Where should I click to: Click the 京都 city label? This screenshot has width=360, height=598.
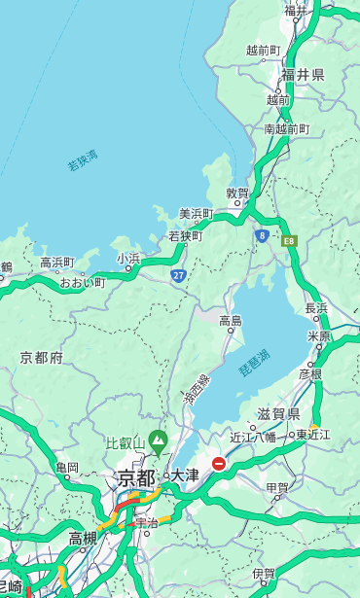point(135,477)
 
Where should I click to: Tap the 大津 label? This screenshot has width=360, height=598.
point(184,475)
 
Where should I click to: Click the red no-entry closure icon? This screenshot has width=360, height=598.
point(219,464)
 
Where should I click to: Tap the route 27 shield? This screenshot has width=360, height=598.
point(179,276)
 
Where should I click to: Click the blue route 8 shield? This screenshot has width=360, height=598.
point(262,235)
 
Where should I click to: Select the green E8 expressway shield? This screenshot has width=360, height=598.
point(289,239)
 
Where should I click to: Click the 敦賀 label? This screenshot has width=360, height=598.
point(237,193)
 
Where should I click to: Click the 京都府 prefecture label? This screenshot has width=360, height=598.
point(41,357)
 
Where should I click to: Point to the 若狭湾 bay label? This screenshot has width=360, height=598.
point(83,160)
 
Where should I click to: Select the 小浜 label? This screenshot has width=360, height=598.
point(128,258)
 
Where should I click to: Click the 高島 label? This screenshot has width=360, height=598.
point(231,321)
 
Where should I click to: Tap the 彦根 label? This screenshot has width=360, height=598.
point(309,373)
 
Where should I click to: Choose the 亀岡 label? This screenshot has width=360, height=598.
point(66,468)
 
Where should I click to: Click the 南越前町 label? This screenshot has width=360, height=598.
point(286,128)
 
